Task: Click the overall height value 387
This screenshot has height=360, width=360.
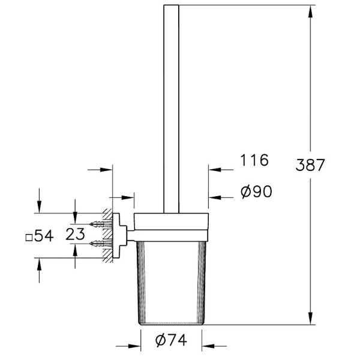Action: click(x=311, y=165)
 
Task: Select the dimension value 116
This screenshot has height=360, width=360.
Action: click(x=254, y=161)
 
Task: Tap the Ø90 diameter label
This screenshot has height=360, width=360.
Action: click(x=256, y=191)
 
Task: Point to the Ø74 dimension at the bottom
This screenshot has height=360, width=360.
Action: click(x=170, y=340)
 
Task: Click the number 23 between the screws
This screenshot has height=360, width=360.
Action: click(x=75, y=235)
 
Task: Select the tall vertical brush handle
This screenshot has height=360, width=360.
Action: click(x=171, y=108)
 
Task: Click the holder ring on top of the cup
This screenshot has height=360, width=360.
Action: click(x=171, y=222)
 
